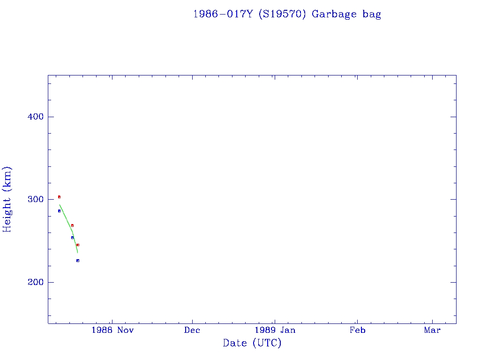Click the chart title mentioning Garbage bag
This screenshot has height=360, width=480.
[287, 14]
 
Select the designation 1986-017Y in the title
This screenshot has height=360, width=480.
[223, 14]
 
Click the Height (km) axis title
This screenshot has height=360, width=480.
[7, 199]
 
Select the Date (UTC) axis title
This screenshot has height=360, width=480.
[252, 343]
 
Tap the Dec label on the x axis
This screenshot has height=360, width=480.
[192, 330]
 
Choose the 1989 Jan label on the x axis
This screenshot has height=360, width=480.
[274, 330]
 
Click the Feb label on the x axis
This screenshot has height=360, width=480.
[357, 330]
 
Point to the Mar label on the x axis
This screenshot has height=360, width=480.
[432, 330]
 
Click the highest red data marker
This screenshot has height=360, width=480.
[59, 197]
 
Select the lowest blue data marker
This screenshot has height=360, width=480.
[78, 261]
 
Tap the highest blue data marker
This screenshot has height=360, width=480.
[59, 211]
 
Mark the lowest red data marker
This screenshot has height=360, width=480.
[78, 245]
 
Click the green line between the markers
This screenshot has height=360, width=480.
[67, 219]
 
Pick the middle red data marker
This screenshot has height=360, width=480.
[72, 225]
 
